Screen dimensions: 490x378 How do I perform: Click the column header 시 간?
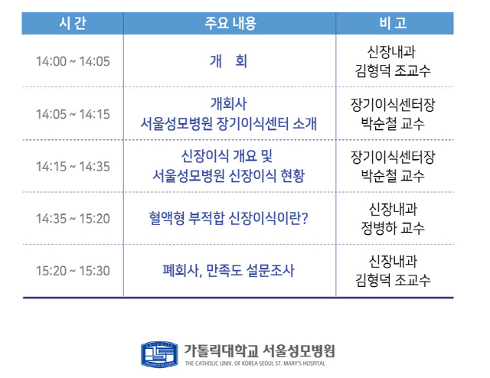(x=73, y=23)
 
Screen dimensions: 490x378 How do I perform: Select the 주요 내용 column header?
(x=230, y=23)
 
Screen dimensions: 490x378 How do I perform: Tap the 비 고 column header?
(x=393, y=23)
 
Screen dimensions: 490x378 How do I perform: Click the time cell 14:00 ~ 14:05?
(x=73, y=61)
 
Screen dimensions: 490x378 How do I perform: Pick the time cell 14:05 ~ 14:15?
(x=73, y=114)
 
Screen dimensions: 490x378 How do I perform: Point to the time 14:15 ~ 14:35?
(x=73, y=167)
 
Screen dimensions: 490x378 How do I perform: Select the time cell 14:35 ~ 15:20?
(x=73, y=219)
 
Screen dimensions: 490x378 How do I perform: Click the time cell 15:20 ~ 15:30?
(x=73, y=271)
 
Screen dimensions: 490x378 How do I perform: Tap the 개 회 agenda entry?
(x=228, y=61)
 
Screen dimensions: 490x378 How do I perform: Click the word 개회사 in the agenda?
(x=228, y=104)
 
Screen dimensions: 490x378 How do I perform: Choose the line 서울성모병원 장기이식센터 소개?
(x=228, y=124)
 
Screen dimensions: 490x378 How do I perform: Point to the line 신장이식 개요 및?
(x=227, y=156)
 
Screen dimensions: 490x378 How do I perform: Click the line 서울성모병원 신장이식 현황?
(x=228, y=176)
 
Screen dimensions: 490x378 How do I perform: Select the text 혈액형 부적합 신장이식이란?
(x=228, y=218)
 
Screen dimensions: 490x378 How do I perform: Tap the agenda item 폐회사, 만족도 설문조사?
(x=228, y=271)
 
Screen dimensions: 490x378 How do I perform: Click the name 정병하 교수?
(x=393, y=228)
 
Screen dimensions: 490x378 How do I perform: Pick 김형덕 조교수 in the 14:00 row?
(x=393, y=70)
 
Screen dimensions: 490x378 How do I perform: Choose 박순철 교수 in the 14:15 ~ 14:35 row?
(x=393, y=175)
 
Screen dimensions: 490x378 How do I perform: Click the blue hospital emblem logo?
(x=159, y=354)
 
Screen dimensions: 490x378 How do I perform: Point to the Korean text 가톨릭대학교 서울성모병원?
(x=260, y=351)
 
